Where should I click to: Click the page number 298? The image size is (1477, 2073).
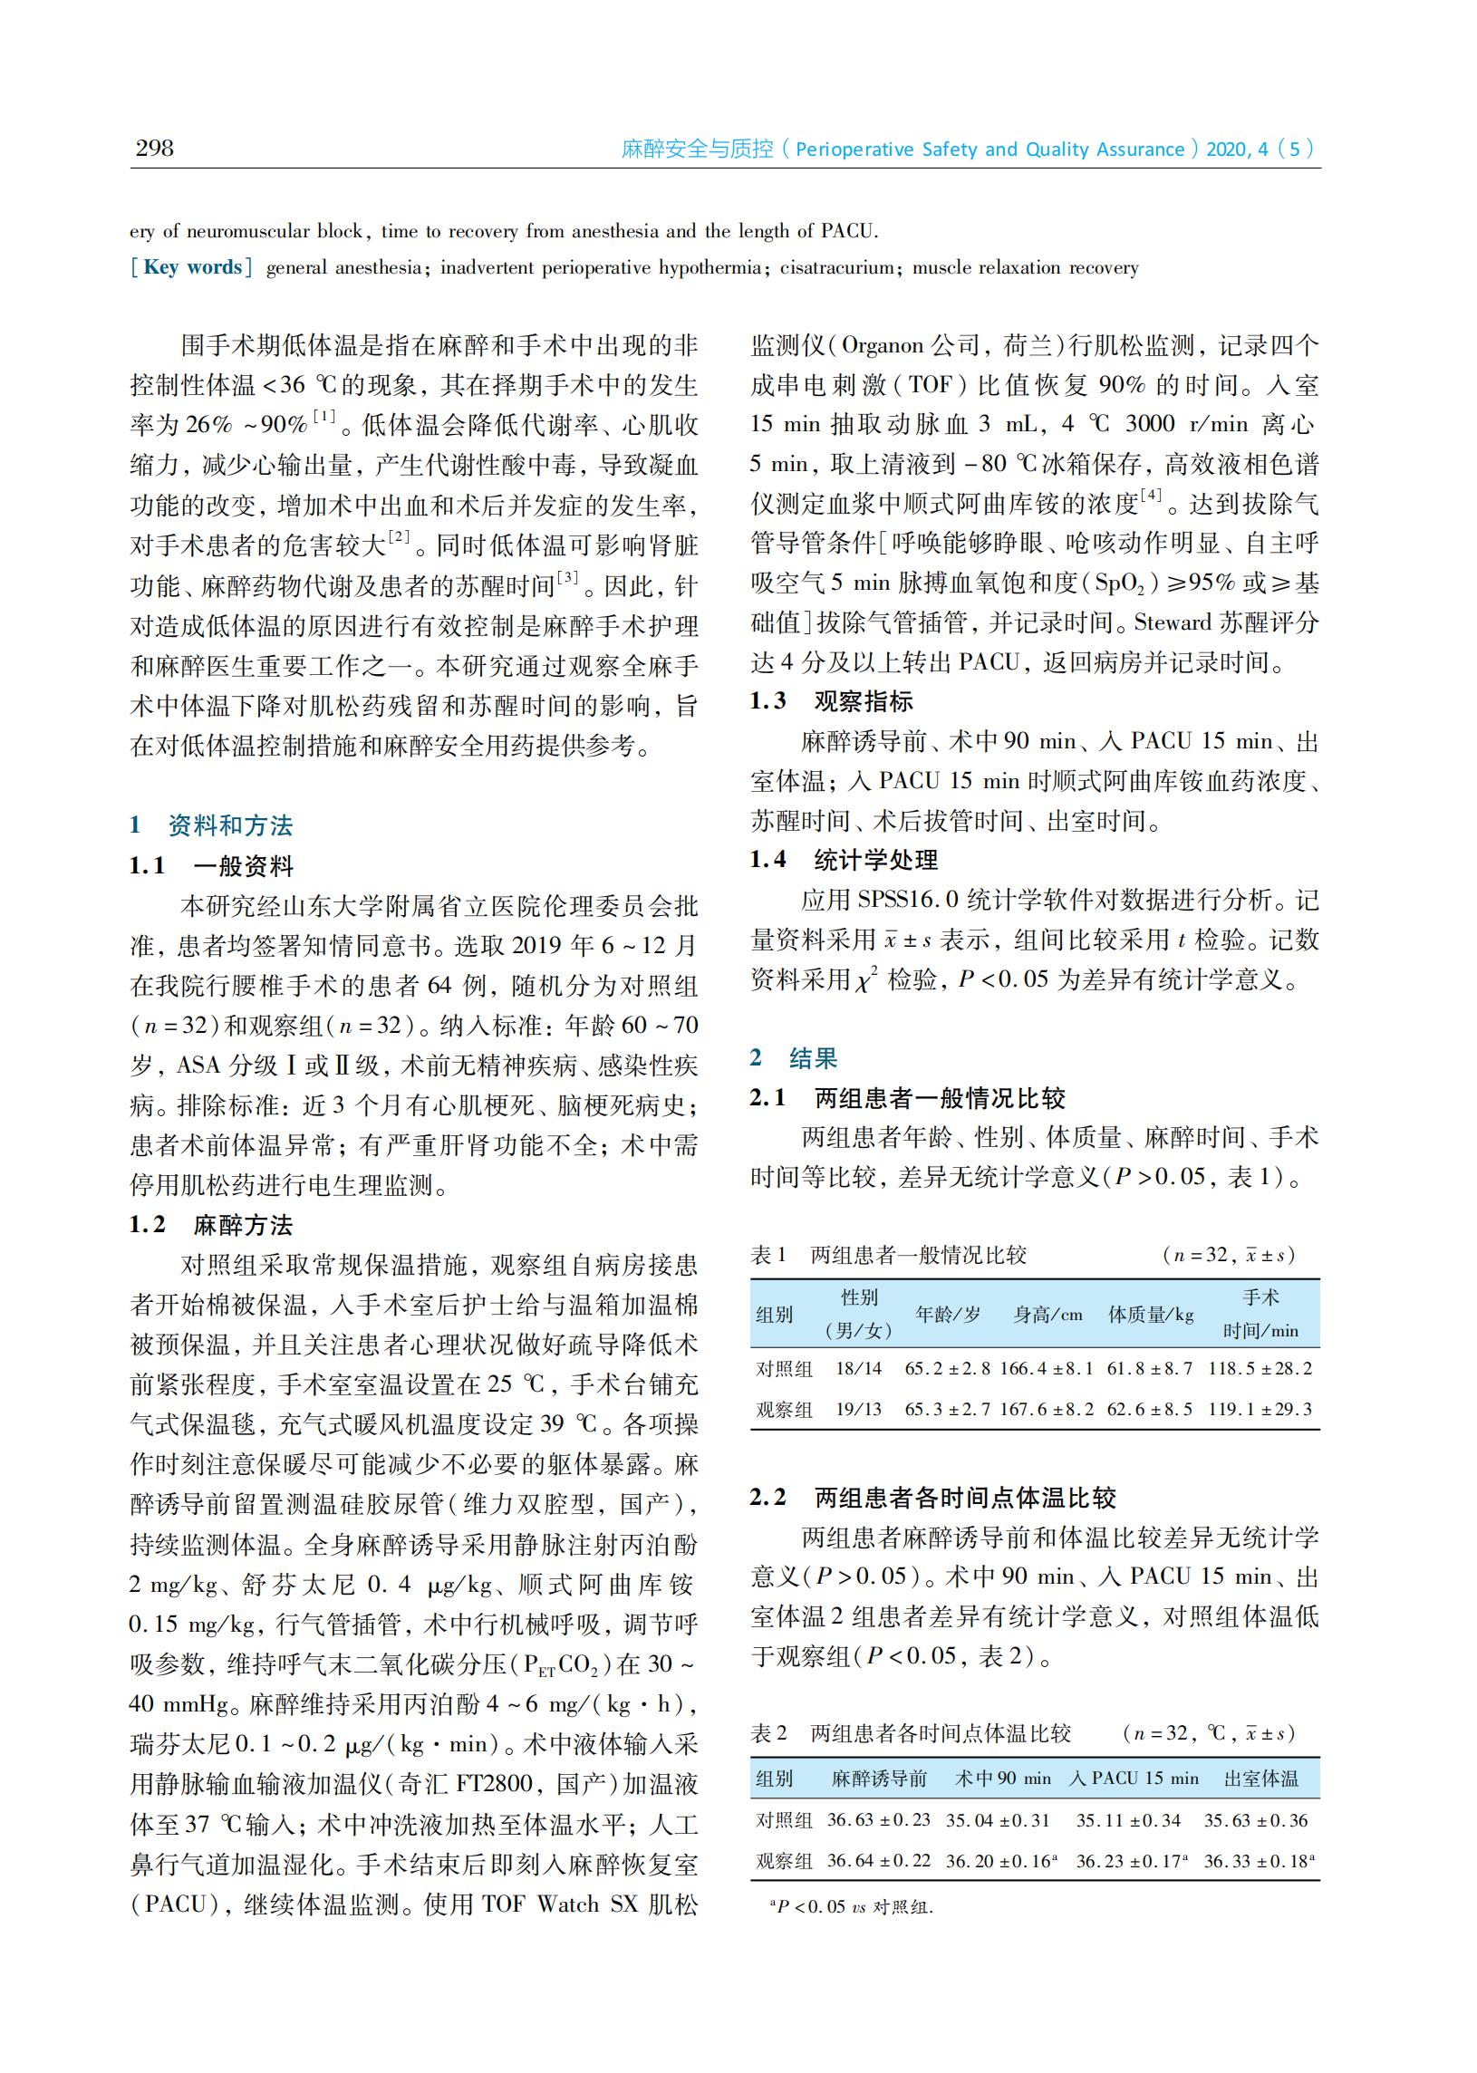[x=155, y=149]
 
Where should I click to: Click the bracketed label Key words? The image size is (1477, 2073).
[x=192, y=267]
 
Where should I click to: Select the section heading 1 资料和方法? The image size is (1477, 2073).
[x=211, y=825]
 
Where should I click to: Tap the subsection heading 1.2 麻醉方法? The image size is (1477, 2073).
[x=211, y=1226]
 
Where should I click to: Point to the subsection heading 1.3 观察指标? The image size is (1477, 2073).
[x=830, y=701]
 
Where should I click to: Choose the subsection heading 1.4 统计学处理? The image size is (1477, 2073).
[x=843, y=860]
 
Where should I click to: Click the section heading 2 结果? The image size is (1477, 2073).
[x=793, y=1058]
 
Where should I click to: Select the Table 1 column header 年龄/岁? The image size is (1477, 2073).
[x=948, y=1315]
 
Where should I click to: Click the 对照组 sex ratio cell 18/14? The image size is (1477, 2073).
[x=858, y=1368]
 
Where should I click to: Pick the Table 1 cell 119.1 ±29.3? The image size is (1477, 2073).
[x=1260, y=1409]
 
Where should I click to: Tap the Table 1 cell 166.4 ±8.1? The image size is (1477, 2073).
[x=1047, y=1368]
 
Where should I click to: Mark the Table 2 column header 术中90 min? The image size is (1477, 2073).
[x=1002, y=1779]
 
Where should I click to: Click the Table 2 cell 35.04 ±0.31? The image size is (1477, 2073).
[x=998, y=1820]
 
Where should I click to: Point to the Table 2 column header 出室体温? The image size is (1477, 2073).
[x=1260, y=1779]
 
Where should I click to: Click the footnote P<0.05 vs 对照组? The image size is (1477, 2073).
[x=852, y=1906]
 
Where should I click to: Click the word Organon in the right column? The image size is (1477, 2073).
[x=883, y=346]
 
